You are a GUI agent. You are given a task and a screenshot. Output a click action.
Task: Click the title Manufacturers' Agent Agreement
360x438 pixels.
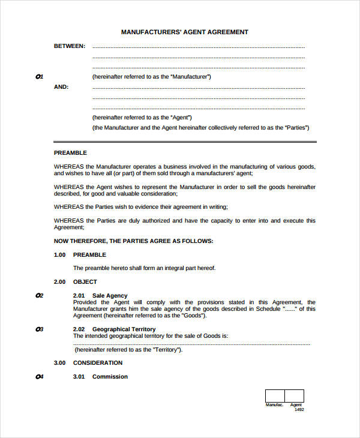pyautogui.click(x=184, y=32)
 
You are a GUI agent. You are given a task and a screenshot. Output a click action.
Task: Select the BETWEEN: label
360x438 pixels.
pyautogui.click(x=70, y=46)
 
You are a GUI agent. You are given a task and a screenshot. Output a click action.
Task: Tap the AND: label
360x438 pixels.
pyautogui.click(x=61, y=86)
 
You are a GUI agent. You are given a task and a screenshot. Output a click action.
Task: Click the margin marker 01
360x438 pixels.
pyautogui.click(x=40, y=77)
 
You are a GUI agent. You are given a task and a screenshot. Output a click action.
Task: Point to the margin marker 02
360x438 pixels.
pyautogui.click(x=40, y=295)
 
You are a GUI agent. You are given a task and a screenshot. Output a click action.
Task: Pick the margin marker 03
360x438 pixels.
pyautogui.click(x=40, y=329)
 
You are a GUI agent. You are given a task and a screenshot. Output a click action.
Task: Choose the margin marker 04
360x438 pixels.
pyautogui.click(x=40, y=377)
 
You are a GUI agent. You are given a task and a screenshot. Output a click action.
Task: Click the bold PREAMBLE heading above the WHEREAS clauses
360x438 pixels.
pyautogui.click(x=70, y=153)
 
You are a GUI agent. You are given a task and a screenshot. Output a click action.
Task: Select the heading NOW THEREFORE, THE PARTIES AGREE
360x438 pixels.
pyautogui.click(x=133, y=241)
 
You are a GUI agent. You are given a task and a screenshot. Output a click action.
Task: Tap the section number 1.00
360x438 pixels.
pyautogui.click(x=59, y=255)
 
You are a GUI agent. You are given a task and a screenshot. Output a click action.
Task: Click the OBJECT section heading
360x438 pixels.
pyautogui.click(x=85, y=281)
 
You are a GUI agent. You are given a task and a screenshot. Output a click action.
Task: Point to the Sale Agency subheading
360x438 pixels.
pyautogui.click(x=110, y=295)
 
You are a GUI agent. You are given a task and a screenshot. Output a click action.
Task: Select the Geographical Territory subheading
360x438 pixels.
pyautogui.click(x=124, y=329)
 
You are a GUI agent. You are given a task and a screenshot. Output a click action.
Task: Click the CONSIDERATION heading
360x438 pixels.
pyautogui.click(x=97, y=362)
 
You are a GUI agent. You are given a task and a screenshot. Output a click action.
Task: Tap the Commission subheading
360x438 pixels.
pyautogui.click(x=110, y=377)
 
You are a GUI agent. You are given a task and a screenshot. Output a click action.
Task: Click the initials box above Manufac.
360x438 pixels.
pyautogui.click(x=275, y=395)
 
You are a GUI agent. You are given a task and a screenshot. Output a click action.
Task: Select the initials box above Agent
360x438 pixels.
pyautogui.click(x=294, y=395)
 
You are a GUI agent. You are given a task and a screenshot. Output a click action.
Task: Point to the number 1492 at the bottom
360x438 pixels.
pyautogui.click(x=299, y=410)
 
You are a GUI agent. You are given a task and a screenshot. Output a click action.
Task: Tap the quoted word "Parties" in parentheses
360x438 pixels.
pyautogui.click(x=296, y=128)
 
